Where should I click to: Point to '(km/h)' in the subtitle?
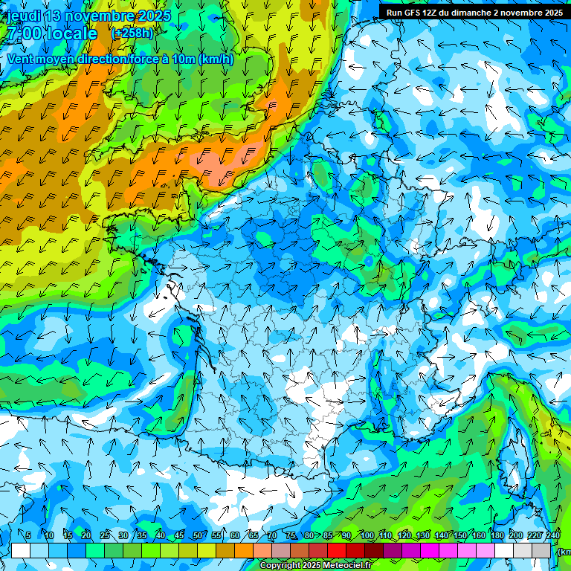click(216, 59)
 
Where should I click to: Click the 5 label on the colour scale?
click(28, 535)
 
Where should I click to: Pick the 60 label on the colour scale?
click(235, 535)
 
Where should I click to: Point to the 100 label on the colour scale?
click(367, 535)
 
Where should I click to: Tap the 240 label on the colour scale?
click(552, 535)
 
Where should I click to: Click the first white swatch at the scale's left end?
click(21, 551)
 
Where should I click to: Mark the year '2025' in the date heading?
click(154, 16)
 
